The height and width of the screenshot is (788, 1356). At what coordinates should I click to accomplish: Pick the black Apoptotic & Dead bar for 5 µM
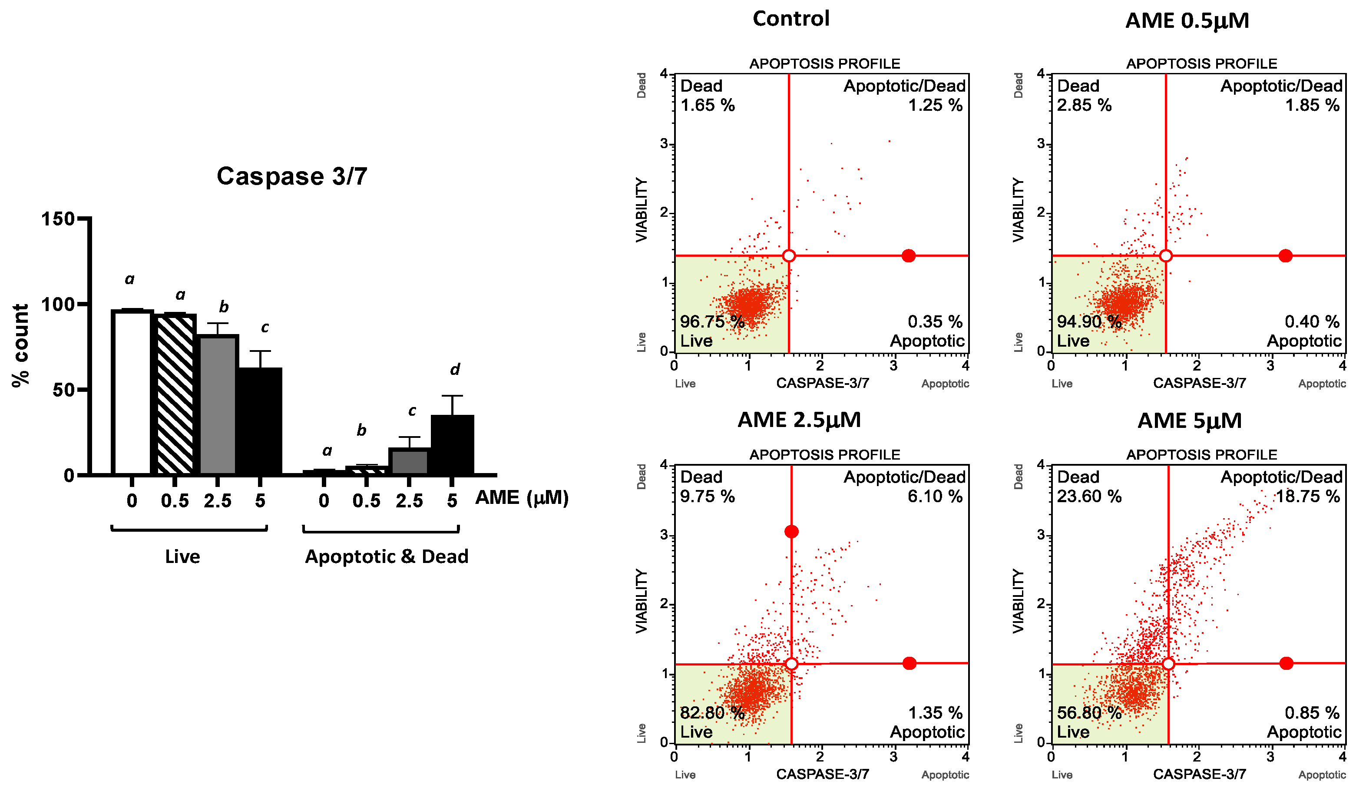[452, 445]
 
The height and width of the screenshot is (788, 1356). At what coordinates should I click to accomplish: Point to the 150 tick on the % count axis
[58, 219]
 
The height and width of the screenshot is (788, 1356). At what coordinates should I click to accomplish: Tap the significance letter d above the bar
[455, 369]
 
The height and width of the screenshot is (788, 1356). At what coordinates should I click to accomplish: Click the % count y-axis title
[20, 345]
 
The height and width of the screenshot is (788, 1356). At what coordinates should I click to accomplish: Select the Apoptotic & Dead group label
[387, 556]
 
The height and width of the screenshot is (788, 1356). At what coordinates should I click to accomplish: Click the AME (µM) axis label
[521, 497]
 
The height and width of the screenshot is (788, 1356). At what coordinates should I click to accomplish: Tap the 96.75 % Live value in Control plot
[711, 322]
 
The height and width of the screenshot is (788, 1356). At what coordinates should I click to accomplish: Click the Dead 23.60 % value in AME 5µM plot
[1088, 496]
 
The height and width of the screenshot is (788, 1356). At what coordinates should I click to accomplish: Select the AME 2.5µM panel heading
[799, 420]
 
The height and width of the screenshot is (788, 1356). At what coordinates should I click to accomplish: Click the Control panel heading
[790, 19]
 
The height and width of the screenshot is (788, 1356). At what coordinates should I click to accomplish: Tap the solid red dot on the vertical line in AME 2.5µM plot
[791, 532]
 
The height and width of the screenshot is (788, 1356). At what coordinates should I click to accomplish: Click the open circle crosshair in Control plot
[789, 256]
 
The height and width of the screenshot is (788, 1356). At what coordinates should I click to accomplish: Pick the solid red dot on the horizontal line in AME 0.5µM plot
[1285, 256]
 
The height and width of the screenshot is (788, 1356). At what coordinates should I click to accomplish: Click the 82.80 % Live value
[711, 713]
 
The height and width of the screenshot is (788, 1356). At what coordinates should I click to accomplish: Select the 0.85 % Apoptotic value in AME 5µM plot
[1311, 713]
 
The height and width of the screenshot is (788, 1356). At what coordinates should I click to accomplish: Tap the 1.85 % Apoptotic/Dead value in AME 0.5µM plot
[1312, 106]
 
